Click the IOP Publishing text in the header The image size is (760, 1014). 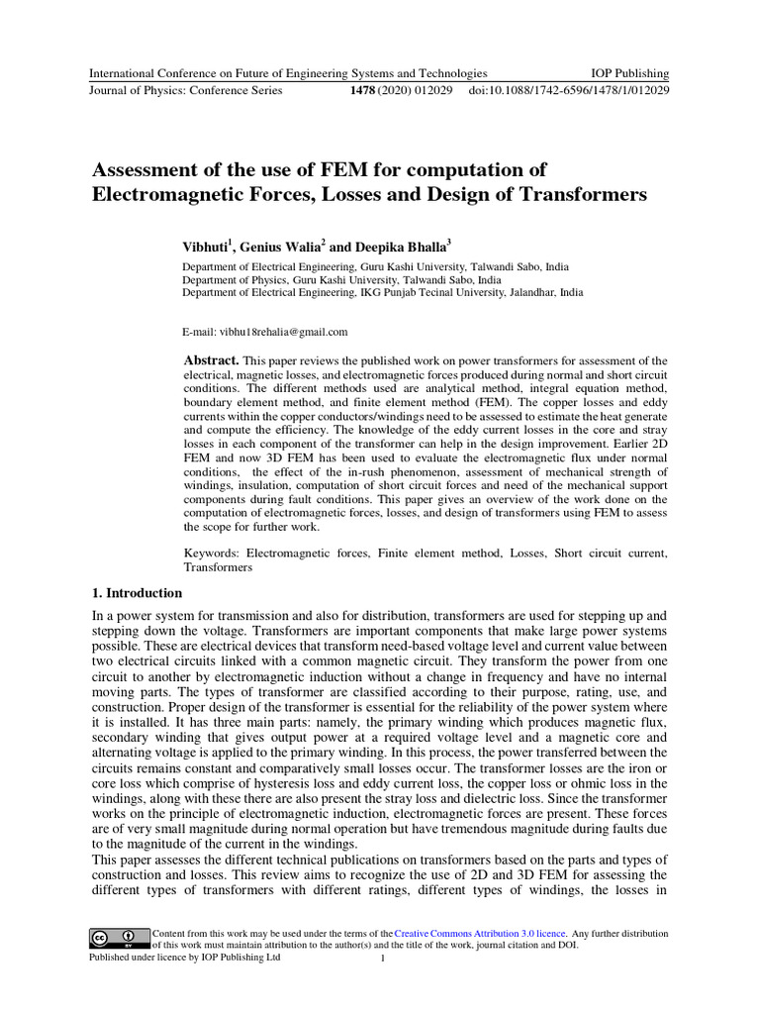[x=629, y=73]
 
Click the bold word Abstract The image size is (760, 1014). [x=212, y=360]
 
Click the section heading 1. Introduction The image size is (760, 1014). [x=137, y=593]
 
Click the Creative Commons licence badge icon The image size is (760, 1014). [x=113, y=937]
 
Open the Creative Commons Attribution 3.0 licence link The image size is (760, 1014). [x=481, y=934]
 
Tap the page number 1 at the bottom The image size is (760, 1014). [x=383, y=959]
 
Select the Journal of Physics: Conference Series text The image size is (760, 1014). [x=186, y=90]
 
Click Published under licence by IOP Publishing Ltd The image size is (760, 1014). [x=185, y=958]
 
